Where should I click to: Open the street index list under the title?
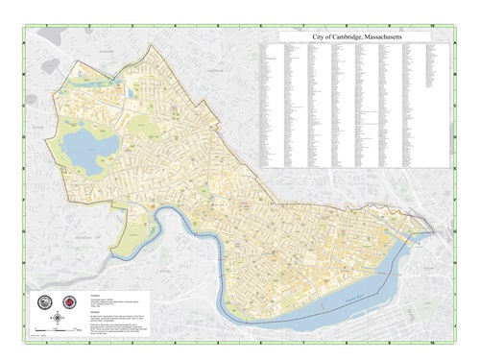[x=355, y=106]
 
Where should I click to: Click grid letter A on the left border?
[x=26, y=58]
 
